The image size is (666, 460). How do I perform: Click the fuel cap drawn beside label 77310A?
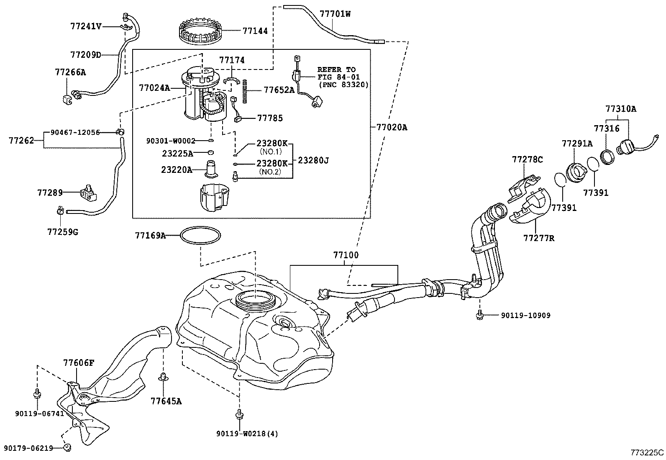click(626, 146)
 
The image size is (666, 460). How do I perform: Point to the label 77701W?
click(335, 14)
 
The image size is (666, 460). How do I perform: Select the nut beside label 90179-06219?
click(67, 448)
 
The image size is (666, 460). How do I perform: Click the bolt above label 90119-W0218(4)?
click(239, 414)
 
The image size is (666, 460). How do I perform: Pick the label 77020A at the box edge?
click(391, 127)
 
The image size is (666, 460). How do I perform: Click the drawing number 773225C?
click(647, 452)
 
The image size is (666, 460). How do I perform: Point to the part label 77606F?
click(79, 363)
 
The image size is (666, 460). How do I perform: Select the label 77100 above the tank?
click(346, 255)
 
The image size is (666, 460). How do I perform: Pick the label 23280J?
click(313, 160)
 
